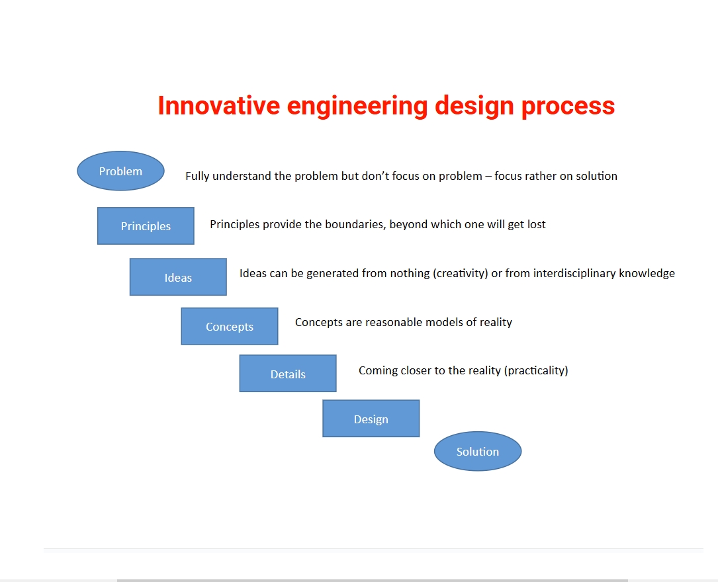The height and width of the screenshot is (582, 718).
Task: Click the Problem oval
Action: [120, 171]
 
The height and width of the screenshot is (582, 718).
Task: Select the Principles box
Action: [146, 226]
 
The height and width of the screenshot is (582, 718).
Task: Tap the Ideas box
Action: [178, 277]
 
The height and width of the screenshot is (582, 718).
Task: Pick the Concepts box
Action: [230, 326]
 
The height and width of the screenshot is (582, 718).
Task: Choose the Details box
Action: [288, 374]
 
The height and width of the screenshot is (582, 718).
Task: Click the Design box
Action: [371, 419]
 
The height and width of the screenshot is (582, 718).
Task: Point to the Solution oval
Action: [478, 451]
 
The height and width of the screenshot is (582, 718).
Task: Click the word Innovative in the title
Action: [219, 106]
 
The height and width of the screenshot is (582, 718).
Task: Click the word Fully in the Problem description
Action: [197, 177]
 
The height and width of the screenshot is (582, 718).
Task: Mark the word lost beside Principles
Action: [536, 224]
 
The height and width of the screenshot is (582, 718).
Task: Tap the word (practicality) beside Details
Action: [536, 370]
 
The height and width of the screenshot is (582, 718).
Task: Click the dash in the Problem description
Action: [488, 177]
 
